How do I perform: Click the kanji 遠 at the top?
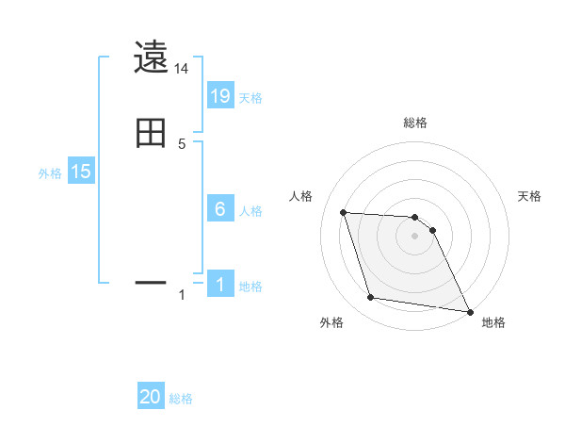pyautogui.click(x=151, y=57)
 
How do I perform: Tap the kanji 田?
pyautogui.click(x=151, y=132)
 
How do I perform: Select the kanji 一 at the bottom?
pyautogui.click(x=151, y=281)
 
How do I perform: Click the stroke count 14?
pyautogui.click(x=182, y=69)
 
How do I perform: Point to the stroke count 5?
pyautogui.click(x=182, y=143)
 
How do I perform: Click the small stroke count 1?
pyautogui.click(x=182, y=295)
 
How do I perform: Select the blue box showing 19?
pyautogui.click(x=220, y=96)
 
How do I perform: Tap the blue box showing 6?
pyautogui.click(x=220, y=209)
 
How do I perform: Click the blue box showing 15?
pyautogui.click(x=81, y=172)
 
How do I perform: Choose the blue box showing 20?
pyautogui.click(x=151, y=398)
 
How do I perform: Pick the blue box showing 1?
pyautogui.click(x=220, y=285)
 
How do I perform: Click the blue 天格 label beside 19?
pyautogui.click(x=250, y=98)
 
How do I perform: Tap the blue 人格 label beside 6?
pyautogui.click(x=250, y=211)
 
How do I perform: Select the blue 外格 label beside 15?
pyautogui.click(x=50, y=173)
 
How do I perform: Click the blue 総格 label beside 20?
pyautogui.click(x=181, y=400)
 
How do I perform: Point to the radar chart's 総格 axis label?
pyautogui.click(x=415, y=123)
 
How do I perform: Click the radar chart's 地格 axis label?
pyautogui.click(x=493, y=323)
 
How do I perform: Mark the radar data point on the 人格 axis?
pyautogui.click(x=344, y=212)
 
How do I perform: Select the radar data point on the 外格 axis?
pyautogui.click(x=371, y=298)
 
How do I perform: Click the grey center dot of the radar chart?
pyautogui.click(x=415, y=236)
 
